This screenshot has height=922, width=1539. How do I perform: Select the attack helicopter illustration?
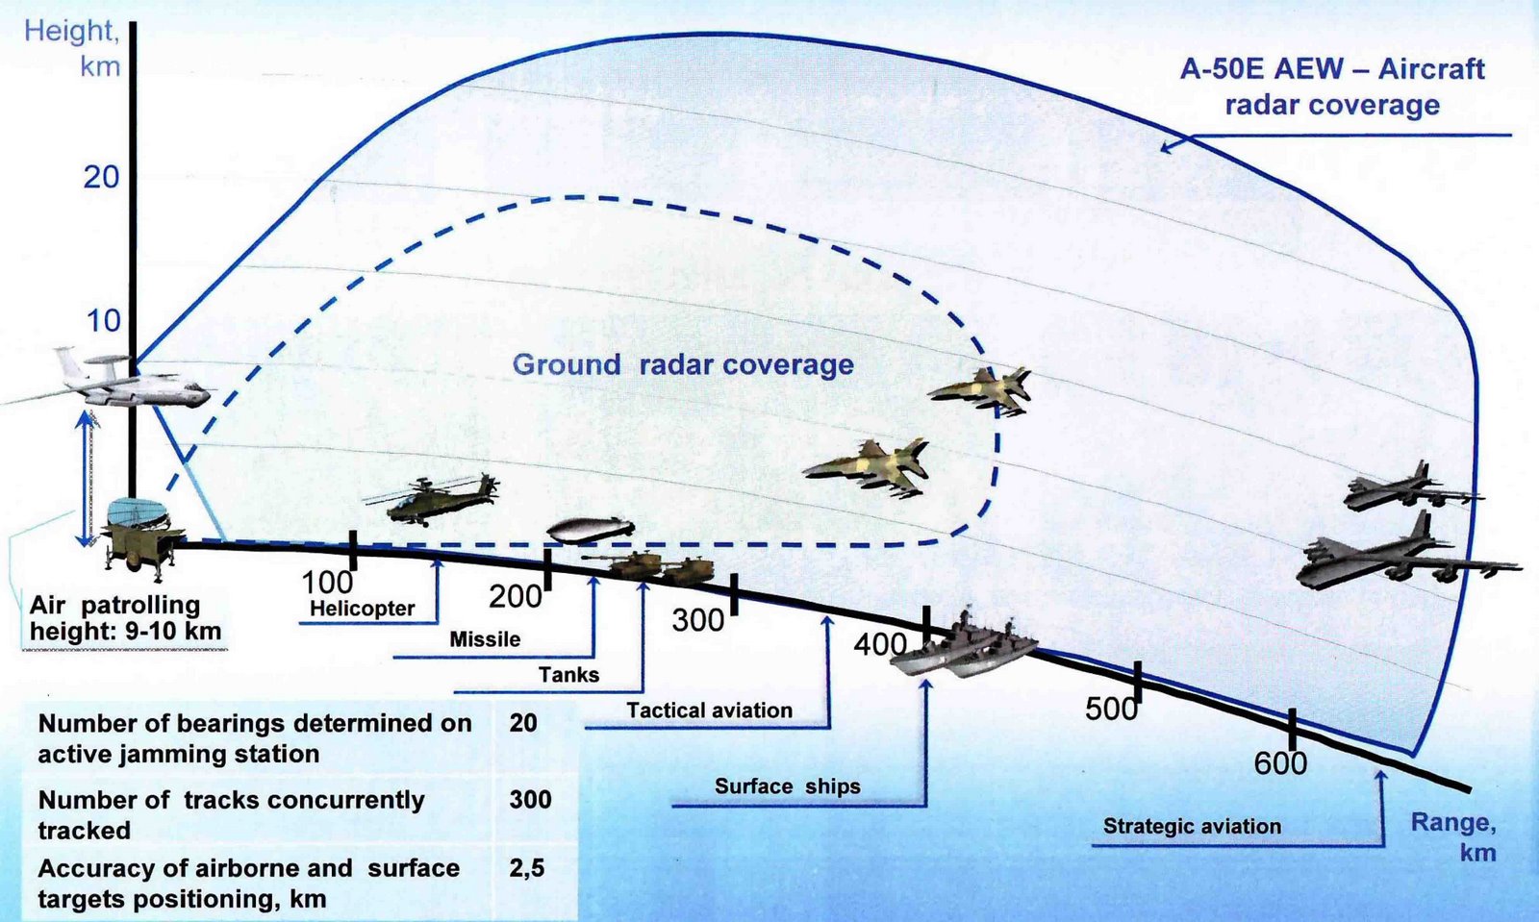[x=433, y=498]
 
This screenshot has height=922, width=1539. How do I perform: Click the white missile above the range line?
[x=590, y=529]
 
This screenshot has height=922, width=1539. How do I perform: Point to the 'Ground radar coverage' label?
[x=683, y=364]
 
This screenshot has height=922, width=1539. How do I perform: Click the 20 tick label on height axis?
[x=101, y=177]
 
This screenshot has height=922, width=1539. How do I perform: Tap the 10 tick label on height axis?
[x=104, y=321]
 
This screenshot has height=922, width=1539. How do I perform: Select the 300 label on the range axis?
[x=698, y=620]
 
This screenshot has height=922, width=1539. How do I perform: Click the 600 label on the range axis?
[x=1280, y=763]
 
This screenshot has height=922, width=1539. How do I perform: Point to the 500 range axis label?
[x=1111, y=709]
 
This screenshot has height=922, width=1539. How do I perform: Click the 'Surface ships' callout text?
[x=787, y=786]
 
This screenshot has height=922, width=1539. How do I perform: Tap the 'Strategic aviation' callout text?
[x=1192, y=826]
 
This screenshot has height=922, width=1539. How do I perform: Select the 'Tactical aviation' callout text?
[x=709, y=710]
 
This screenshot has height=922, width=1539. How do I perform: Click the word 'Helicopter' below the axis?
[x=362, y=609]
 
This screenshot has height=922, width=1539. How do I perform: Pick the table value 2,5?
[x=526, y=868]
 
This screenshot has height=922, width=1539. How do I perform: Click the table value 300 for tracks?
[x=530, y=800]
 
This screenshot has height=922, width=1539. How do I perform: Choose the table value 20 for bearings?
[x=523, y=723]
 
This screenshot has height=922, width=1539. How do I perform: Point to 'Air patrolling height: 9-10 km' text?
[x=125, y=618]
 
